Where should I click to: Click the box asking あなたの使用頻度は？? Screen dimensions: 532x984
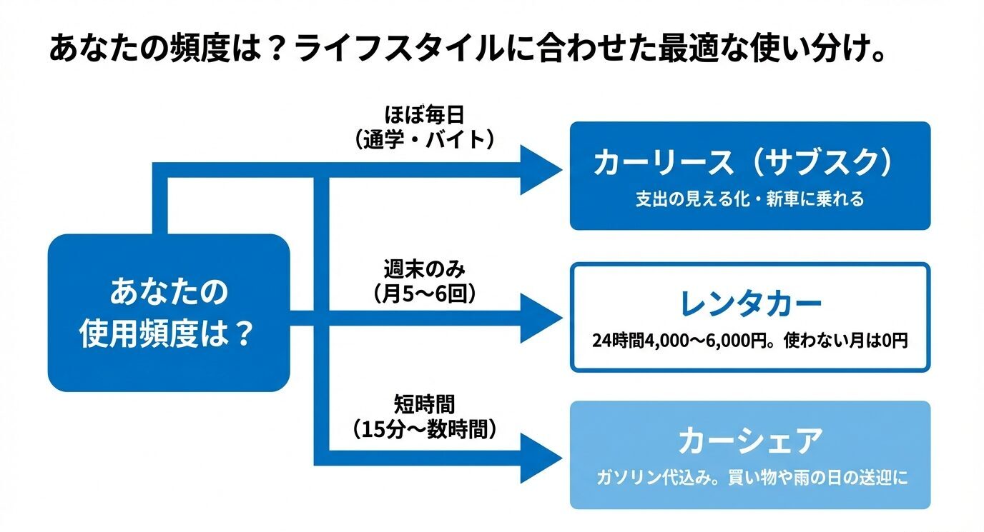168,313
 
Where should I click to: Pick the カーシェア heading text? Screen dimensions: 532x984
749,441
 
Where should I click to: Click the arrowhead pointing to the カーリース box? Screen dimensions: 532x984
541,169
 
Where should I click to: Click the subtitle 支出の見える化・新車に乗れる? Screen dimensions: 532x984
749,199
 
